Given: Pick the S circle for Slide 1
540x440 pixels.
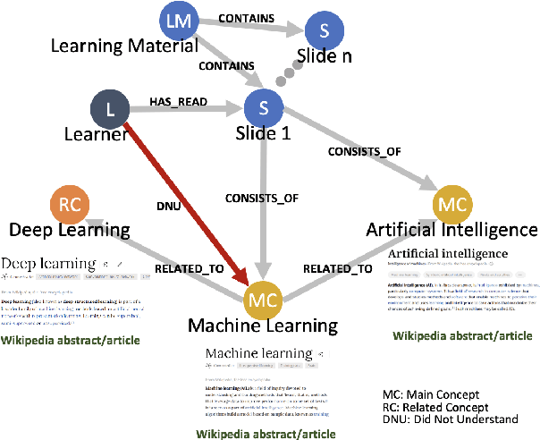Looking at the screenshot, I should [x=266, y=110].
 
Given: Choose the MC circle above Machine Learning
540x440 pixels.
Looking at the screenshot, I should [x=264, y=299].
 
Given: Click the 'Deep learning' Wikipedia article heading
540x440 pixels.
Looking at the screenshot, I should [x=48, y=264].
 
